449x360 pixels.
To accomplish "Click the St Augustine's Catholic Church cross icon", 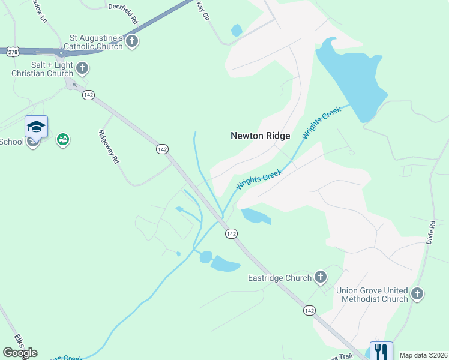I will click(x=132, y=42).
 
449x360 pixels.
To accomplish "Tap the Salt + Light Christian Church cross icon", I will click(x=82, y=68).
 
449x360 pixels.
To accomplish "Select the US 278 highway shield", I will click(x=12, y=53).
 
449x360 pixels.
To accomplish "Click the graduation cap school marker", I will click(x=36, y=127).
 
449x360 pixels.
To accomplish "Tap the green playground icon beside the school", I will click(x=62, y=140).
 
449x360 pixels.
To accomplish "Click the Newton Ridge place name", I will click(x=260, y=136).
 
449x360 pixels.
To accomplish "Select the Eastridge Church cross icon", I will click(x=321, y=277).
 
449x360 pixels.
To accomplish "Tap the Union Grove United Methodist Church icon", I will click(x=418, y=294).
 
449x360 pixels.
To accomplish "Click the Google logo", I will click(x=20, y=353).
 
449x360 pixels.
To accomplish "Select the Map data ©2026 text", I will click(x=423, y=355).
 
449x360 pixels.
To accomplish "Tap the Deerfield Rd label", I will click(x=124, y=7).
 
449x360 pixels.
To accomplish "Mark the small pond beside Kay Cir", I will click(x=237, y=30).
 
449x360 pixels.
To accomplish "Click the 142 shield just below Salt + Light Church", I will click(x=89, y=95).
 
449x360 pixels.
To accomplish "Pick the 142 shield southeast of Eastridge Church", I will click(x=309, y=310).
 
